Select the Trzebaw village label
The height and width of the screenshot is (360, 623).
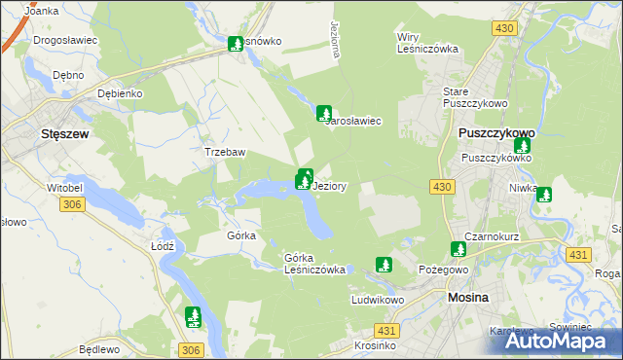tap(223, 153)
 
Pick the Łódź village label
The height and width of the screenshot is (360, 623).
tap(163, 246)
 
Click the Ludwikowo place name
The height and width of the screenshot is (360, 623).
tap(378, 301)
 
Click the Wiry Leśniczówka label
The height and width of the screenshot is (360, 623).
tap(425, 43)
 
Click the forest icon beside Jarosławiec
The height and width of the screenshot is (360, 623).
tap(324, 113)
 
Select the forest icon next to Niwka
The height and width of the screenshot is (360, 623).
tap(543, 195)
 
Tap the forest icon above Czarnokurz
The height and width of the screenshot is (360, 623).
tap(458, 250)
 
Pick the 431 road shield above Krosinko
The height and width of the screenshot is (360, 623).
tap(386, 332)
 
